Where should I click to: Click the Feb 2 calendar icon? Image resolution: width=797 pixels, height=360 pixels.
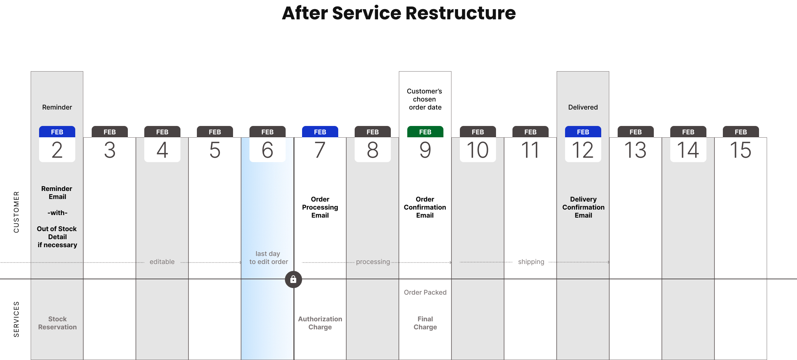(57, 144)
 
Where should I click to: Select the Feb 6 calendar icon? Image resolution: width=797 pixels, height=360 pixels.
(267, 144)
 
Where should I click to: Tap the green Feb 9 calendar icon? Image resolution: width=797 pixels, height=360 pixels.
(425, 144)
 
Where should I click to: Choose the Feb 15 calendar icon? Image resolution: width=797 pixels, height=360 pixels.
(741, 144)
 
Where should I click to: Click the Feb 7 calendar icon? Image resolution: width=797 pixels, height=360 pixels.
(320, 144)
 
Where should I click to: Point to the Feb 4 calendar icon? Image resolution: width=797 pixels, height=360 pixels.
(162, 144)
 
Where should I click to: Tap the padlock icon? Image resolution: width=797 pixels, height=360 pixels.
(293, 280)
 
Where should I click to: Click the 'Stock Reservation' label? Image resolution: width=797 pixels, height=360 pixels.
(57, 323)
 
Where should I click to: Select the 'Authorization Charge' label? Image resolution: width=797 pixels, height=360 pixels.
(320, 323)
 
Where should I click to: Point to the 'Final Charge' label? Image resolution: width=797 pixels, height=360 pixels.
(425, 323)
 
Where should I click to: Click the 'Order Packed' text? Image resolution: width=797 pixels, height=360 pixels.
(425, 292)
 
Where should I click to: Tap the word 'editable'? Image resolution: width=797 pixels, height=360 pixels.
(162, 262)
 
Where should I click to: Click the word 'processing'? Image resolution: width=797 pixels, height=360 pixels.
(373, 262)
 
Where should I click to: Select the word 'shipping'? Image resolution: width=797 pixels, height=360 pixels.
(531, 262)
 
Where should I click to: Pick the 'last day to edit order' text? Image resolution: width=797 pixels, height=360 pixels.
(268, 258)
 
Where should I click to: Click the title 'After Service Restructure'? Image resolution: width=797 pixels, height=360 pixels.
(399, 13)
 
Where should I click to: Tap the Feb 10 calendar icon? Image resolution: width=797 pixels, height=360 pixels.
(478, 144)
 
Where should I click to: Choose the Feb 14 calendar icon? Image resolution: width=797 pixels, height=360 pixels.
(688, 144)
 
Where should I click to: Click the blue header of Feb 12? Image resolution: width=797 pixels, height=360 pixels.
(583, 132)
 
